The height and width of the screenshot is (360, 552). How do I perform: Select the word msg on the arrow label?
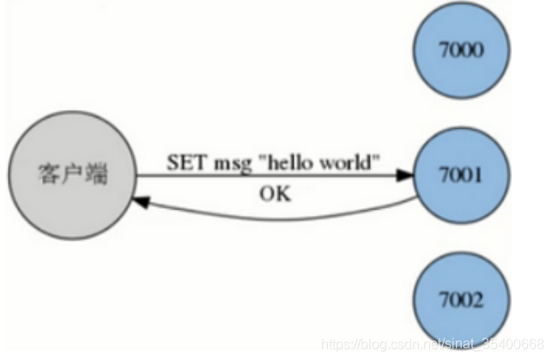(226, 162)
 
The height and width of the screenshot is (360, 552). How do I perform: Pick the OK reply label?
(275, 193)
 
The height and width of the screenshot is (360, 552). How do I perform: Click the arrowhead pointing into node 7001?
(404, 177)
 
